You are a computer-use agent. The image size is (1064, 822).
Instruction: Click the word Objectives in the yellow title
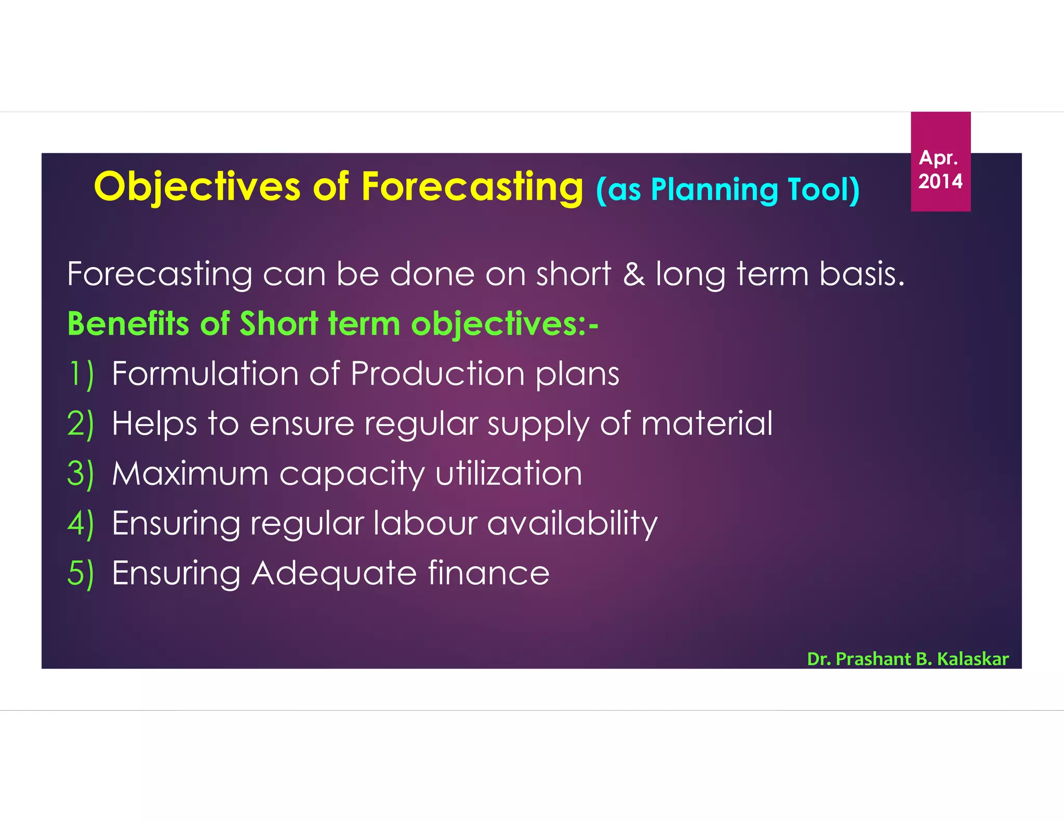[197, 187]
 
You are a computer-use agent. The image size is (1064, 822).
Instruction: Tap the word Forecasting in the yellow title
[472, 187]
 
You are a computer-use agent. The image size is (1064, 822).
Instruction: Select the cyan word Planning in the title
[714, 190]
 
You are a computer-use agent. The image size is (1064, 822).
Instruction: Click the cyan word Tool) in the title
[823, 190]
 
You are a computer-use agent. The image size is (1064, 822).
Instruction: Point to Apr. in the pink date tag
[938, 157]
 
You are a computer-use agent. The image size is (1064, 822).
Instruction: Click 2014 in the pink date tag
[940, 181]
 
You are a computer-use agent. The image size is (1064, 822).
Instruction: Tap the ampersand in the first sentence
[633, 274]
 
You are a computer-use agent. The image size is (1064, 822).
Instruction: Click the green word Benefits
[128, 324]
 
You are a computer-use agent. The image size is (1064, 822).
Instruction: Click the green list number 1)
[81, 374]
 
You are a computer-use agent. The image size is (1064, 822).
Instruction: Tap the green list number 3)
[81, 473]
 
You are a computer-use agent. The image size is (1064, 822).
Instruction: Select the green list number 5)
[81, 573]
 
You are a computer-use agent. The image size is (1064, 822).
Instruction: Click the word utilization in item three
[509, 473]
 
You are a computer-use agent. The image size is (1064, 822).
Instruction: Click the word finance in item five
[488, 573]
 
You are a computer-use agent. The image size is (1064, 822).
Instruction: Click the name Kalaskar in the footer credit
[973, 659]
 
